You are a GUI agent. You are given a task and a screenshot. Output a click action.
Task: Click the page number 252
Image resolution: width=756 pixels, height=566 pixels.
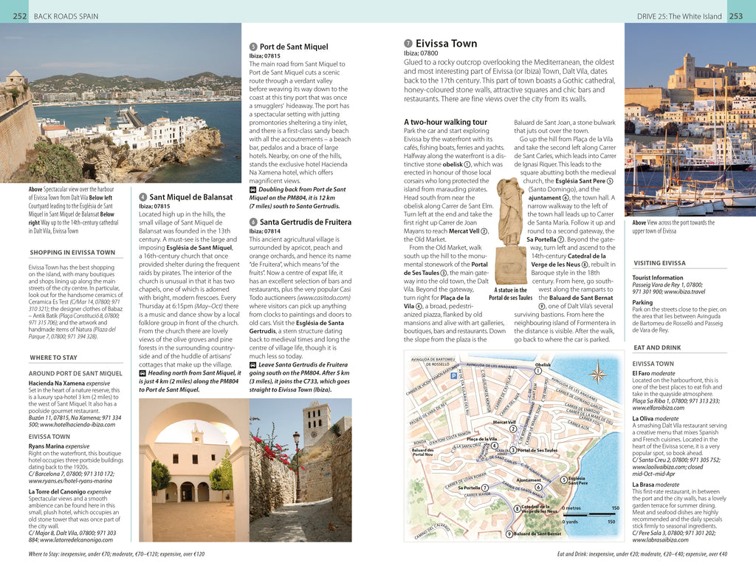point(20,16)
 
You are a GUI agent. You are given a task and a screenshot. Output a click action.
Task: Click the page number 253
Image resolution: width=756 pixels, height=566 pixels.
point(735,16)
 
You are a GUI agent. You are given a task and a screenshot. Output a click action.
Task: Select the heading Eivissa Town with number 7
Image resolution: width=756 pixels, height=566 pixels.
point(446,44)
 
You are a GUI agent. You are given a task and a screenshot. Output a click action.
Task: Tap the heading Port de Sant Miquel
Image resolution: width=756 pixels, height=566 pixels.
point(294,47)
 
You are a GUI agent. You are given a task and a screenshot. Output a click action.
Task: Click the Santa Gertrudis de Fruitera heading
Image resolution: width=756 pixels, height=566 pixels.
point(305,222)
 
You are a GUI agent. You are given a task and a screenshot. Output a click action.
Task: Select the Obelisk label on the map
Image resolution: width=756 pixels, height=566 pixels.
point(543,364)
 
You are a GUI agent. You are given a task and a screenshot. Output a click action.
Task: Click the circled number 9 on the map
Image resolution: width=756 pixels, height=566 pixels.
point(509,534)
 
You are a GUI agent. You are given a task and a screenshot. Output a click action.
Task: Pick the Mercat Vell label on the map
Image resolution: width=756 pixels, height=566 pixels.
point(504,423)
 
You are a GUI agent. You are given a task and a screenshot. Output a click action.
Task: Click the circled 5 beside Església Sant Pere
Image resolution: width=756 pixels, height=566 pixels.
point(564,480)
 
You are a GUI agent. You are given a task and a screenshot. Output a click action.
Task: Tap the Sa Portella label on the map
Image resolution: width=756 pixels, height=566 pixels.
point(470,488)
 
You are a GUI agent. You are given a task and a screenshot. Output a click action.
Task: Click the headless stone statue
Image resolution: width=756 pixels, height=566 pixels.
point(509,211)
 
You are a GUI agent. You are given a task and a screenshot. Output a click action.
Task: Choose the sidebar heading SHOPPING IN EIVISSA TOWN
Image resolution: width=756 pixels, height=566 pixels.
point(72,252)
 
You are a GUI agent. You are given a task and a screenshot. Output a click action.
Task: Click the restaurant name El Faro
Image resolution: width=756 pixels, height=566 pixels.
point(642,374)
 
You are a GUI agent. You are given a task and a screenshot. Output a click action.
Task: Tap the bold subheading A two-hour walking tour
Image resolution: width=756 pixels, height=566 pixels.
point(445,122)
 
